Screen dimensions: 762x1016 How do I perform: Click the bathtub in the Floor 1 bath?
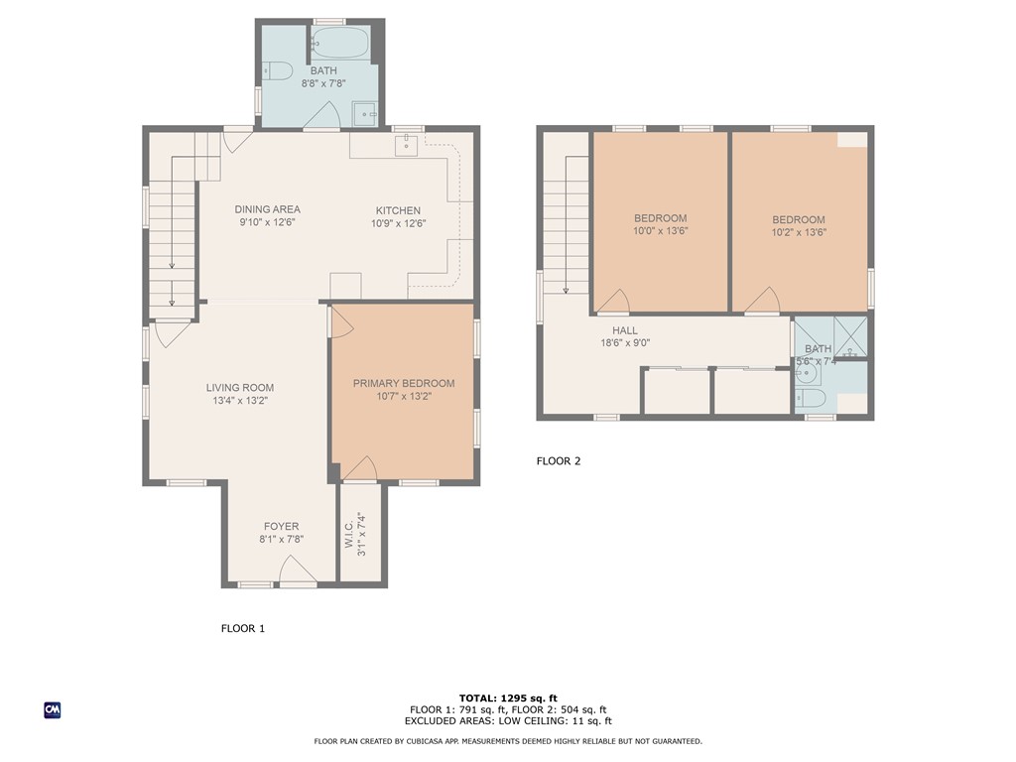[339, 43]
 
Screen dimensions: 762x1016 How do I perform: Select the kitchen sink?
[406, 145]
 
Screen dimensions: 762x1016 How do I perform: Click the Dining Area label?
[267, 209]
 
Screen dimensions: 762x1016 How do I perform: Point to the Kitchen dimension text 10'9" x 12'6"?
[398, 223]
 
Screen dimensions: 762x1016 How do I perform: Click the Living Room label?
[240, 388]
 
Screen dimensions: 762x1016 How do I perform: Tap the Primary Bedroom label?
[404, 383]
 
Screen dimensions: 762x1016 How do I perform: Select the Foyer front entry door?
[298, 571]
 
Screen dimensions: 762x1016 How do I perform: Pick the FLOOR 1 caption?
[242, 628]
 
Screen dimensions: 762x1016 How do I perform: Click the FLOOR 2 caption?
[558, 460]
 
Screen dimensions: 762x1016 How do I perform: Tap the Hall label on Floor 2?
[625, 330]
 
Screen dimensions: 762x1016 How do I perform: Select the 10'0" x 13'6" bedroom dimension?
[661, 230]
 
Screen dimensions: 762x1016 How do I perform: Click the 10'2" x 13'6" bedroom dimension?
[799, 232]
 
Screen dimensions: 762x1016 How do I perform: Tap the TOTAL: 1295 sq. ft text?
[507, 698]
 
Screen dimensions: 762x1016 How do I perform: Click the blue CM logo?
[52, 709]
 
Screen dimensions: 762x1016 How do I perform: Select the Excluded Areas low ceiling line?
[507, 721]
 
